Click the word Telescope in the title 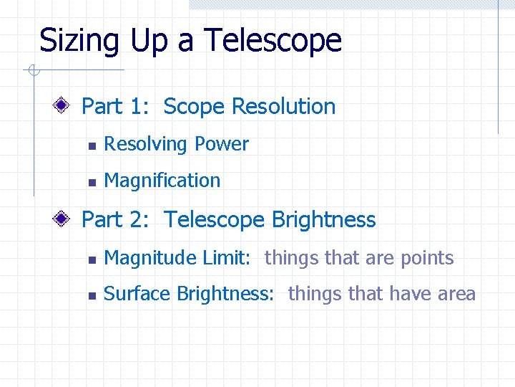(273, 42)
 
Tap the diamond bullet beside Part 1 (62, 107)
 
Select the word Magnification (162, 181)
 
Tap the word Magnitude (147, 258)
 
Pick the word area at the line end (457, 294)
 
